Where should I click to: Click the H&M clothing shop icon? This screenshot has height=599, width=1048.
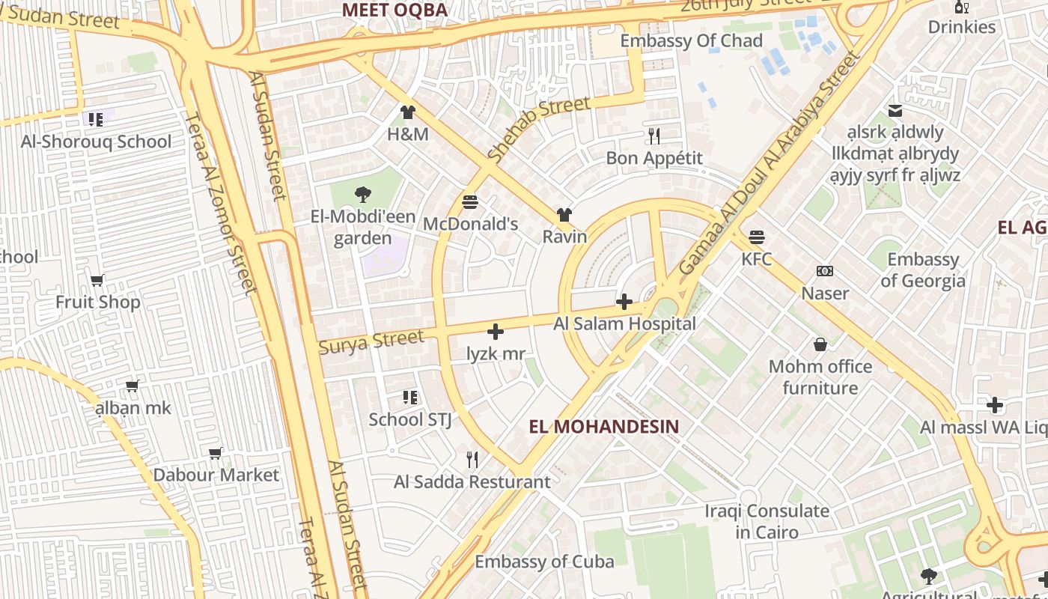tap(407, 113)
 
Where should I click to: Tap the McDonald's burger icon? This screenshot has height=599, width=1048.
tap(470, 202)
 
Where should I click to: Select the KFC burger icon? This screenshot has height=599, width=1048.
tap(756, 238)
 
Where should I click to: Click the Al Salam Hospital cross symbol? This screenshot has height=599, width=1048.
tap(624, 302)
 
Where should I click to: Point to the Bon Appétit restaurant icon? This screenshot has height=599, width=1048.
tap(654, 136)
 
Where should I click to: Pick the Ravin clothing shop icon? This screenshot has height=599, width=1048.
tap(564, 215)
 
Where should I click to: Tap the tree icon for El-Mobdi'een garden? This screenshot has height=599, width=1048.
tap(363, 195)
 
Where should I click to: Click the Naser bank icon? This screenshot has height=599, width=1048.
tap(825, 271)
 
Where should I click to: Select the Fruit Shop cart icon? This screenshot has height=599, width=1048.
tap(97, 281)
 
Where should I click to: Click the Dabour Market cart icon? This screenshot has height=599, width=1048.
tap(216, 453)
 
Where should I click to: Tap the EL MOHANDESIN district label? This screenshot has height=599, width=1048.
tap(604, 427)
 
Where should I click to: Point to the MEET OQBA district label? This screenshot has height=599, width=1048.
tap(394, 10)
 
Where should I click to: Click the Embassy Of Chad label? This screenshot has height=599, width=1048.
tap(691, 40)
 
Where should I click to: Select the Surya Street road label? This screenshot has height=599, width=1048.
tap(371, 341)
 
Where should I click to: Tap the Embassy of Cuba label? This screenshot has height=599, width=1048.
tap(544, 562)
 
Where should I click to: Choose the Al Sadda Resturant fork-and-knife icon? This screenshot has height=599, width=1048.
tap(472, 460)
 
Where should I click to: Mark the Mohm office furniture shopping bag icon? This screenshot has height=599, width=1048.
tap(820, 344)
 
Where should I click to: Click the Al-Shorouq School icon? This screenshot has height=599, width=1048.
tap(95, 120)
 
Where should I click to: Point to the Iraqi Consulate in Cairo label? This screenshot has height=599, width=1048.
tap(767, 522)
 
